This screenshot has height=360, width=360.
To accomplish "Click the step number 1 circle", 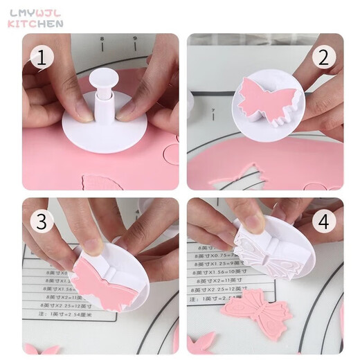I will click(41, 58).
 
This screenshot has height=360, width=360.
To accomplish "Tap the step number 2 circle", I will click(323, 58).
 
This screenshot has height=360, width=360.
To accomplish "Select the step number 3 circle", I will click(41, 222).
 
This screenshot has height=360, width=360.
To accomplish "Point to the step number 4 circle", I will click(323, 222).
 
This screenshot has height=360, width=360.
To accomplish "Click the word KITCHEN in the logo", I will click(35, 24).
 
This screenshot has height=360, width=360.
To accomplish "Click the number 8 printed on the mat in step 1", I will click(102, 40).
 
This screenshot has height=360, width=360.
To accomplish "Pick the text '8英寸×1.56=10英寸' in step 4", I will click(219, 273).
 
